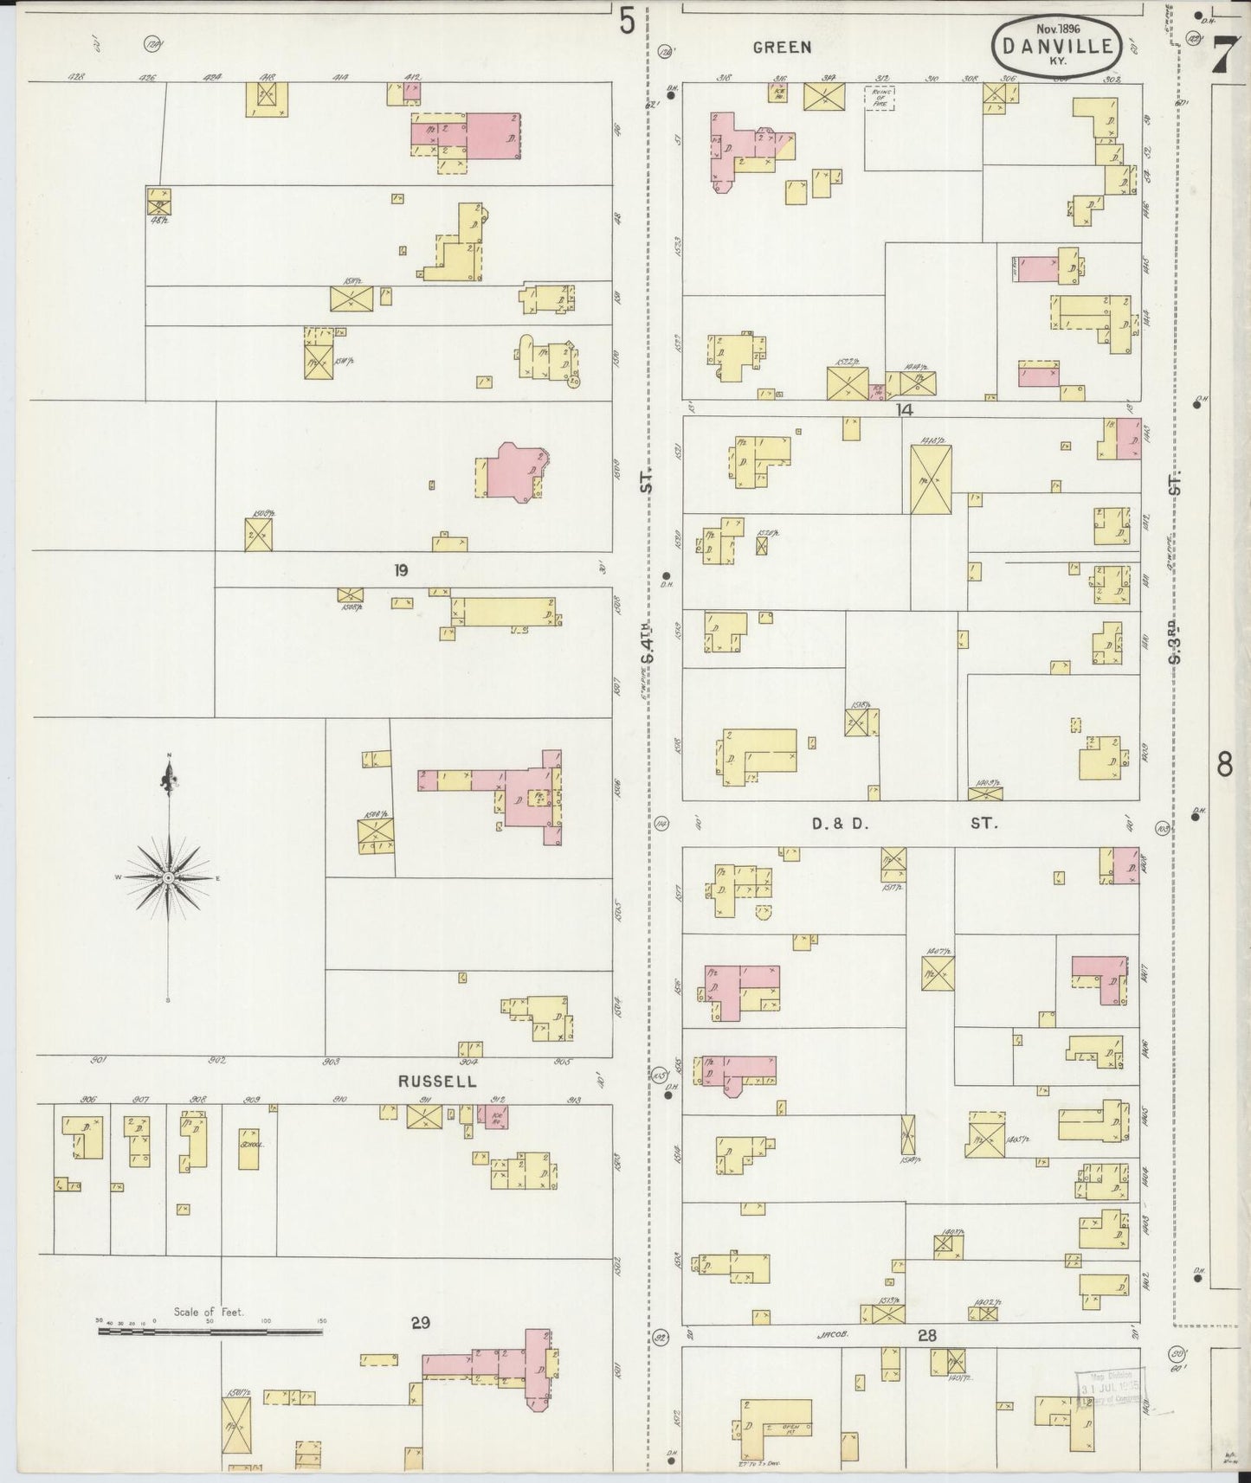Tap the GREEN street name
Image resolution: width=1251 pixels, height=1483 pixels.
coord(782,48)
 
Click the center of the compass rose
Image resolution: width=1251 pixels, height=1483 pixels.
coord(168,878)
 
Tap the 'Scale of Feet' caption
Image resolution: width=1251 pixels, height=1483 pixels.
coord(209,1312)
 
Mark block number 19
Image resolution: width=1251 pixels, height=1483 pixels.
coord(400,570)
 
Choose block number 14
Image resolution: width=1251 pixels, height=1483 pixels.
coord(904,409)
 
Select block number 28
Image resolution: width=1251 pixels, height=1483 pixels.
coord(927,1335)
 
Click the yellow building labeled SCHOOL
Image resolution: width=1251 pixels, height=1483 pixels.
coord(248,1148)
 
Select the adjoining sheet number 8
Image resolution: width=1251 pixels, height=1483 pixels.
coord(1224,765)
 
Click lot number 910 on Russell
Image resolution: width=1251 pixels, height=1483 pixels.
coord(339,1099)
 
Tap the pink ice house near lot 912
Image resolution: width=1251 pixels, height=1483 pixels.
coord(497,1118)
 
